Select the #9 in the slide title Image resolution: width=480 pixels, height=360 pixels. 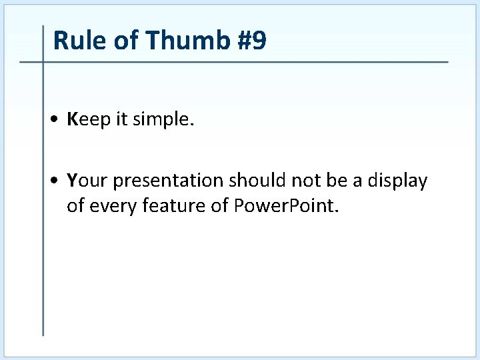tap(251, 41)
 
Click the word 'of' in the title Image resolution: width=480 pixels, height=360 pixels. tap(127, 41)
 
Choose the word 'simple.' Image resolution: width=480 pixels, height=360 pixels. tap(163, 120)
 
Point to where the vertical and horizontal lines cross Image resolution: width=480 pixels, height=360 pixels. tap(43, 63)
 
